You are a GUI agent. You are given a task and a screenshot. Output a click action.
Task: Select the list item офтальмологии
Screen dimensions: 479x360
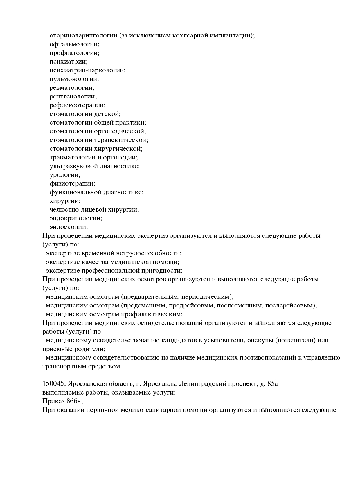[74, 44]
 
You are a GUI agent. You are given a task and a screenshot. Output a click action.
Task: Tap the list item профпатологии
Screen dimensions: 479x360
[74, 53]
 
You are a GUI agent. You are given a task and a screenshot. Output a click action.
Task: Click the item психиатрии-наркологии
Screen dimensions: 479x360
[87, 70]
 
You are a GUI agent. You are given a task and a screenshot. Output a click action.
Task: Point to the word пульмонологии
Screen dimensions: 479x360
[74, 79]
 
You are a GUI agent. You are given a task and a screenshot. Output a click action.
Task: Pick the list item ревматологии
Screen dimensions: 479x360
[72, 88]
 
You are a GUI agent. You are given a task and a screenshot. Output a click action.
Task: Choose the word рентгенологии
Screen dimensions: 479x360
[73, 96]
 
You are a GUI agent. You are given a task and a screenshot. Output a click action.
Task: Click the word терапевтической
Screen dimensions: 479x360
[121, 140]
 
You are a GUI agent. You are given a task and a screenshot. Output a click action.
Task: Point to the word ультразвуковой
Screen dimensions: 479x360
[74, 166]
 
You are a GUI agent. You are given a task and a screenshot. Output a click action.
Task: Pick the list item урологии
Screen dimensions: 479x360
[65, 175]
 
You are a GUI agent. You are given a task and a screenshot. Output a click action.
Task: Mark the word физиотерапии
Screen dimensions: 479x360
[72, 183]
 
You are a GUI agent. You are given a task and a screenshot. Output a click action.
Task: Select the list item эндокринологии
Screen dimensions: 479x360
[76, 218]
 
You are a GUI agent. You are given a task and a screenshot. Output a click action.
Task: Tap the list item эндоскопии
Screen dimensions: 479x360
[69, 227]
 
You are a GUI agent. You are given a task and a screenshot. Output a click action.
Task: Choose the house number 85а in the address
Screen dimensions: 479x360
[273, 384]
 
